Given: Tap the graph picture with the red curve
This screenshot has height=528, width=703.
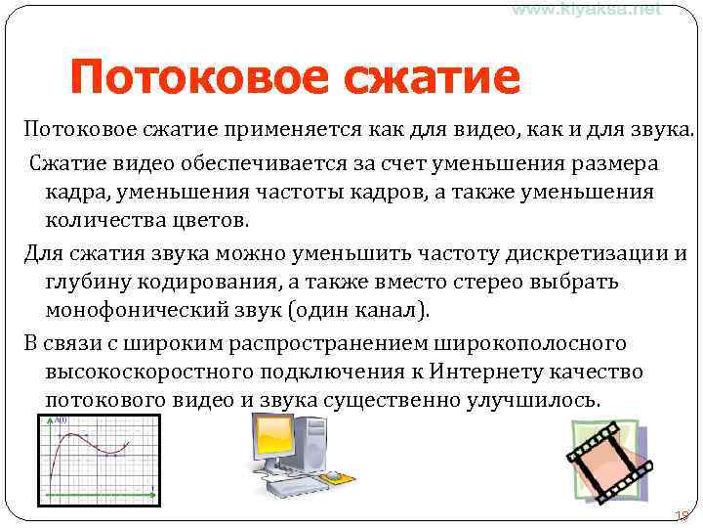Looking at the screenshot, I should point(97,460).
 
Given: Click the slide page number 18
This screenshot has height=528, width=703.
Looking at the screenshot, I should point(681,515).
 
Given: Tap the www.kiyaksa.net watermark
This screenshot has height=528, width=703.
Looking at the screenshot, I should point(587,9).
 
